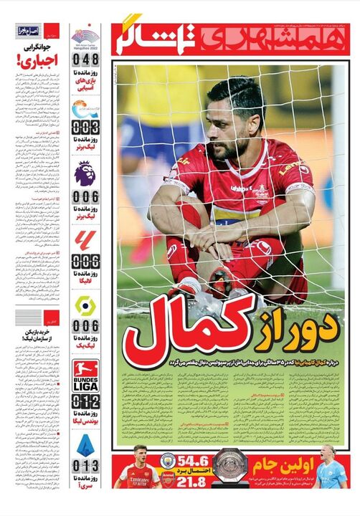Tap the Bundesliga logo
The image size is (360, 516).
click(x=85, y=373)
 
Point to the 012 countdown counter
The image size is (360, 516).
click(x=85, y=402)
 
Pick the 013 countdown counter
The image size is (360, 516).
click(x=85, y=467)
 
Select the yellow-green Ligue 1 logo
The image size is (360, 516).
click(x=85, y=305)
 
